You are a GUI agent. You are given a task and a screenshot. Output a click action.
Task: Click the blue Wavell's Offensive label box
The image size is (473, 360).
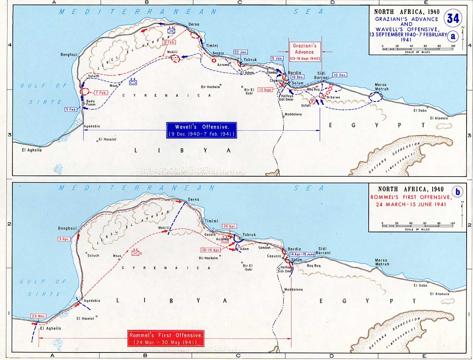(202, 130)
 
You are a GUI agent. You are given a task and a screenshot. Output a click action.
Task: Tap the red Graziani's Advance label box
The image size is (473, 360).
(304, 52)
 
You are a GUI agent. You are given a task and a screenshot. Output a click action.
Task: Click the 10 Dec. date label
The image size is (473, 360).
(340, 75)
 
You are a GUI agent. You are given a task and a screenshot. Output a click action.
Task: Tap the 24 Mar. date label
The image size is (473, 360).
(38, 316)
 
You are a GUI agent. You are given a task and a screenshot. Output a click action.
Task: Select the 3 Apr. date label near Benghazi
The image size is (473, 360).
(64, 239)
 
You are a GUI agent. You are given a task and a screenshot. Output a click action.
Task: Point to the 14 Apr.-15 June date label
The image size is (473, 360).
(302, 254)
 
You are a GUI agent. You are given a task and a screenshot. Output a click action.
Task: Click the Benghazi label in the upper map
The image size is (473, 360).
(69, 55)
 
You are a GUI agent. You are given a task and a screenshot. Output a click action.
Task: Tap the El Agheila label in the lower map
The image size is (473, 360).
(50, 328)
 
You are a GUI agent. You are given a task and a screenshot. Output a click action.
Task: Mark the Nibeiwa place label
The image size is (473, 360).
(334, 97)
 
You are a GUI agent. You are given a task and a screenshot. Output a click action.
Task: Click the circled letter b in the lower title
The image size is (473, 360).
(458, 192)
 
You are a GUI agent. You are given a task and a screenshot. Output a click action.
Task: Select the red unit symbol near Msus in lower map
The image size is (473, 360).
(135, 253)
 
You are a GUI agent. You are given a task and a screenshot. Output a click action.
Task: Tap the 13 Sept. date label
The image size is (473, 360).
(265, 90)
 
